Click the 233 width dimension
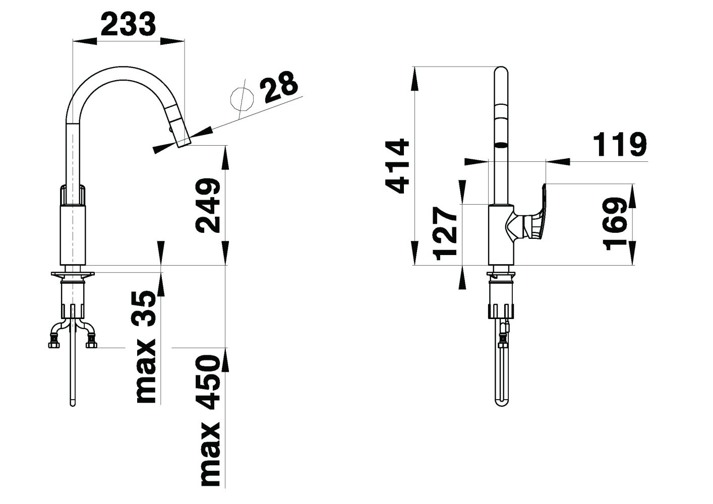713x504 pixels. point(128,24)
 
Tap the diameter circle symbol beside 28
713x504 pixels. point(242,99)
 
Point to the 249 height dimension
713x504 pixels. point(207,206)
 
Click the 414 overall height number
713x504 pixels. point(397,166)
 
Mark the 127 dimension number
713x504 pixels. point(445,233)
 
